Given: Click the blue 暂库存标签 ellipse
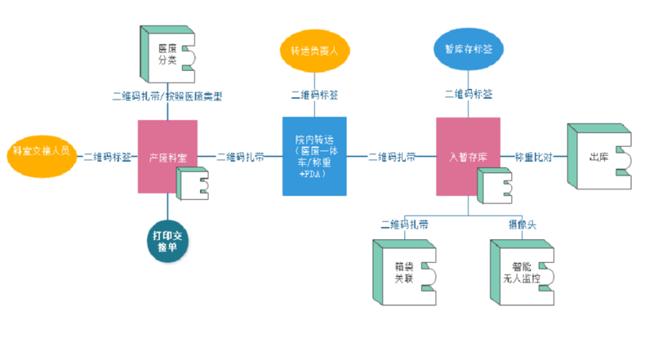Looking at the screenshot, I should (x=468, y=50).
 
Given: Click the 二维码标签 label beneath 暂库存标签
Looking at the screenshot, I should (x=468, y=95).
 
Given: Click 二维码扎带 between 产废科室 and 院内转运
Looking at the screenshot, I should (x=240, y=157).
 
